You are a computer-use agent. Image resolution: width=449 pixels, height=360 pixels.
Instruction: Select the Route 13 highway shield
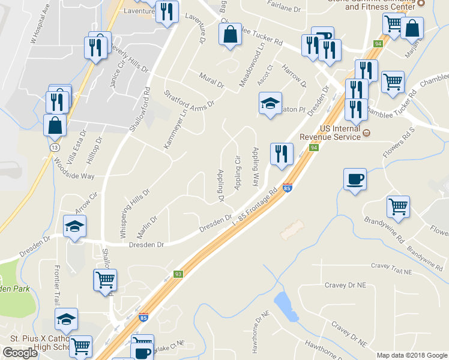[55, 147]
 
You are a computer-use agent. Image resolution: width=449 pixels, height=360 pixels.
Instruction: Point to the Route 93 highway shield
[178, 274]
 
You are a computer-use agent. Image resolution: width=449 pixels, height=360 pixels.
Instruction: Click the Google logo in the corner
[20, 353]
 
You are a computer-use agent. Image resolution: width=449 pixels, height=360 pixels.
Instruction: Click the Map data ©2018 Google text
[411, 355]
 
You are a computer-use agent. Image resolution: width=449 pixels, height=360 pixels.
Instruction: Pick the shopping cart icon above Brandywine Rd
[398, 206]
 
